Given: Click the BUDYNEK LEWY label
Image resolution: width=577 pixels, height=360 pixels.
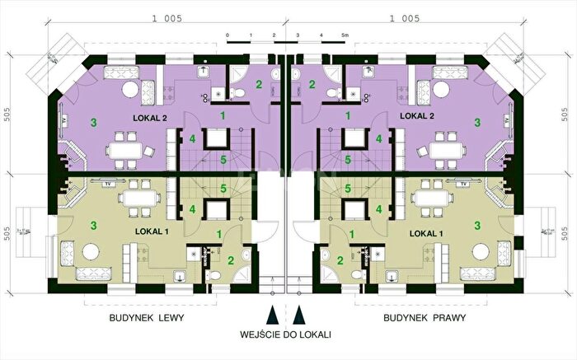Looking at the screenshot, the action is coord(147,318).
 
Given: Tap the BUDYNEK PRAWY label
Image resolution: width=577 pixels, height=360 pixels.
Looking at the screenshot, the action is coord(425,318).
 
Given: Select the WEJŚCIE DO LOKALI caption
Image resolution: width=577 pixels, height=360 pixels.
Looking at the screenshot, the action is coord(285,334).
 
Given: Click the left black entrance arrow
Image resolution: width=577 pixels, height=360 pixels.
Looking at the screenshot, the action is coord(272,315).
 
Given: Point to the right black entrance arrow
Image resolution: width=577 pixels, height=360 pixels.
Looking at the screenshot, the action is coord(299,315).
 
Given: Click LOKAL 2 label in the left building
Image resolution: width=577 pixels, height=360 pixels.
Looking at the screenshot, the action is coord(150,118).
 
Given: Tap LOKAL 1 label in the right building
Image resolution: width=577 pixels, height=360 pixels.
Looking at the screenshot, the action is coord(426,233).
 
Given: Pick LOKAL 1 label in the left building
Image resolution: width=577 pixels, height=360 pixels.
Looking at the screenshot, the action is coord(152,231).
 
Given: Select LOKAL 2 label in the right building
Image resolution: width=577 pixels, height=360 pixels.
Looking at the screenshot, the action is coord(417,116).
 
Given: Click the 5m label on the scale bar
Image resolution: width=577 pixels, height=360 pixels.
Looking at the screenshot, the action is coord(345,35).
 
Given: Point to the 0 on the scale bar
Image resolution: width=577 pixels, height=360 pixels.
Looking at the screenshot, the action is coord(228,35).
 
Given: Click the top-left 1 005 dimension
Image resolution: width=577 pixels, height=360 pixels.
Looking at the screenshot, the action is coord(167,18).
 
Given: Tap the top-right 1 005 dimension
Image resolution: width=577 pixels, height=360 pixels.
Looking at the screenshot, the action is coord(405,18).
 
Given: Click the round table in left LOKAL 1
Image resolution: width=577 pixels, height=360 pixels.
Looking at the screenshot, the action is coord(91,252).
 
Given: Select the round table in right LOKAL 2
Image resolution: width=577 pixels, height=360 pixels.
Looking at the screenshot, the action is coord(441,89).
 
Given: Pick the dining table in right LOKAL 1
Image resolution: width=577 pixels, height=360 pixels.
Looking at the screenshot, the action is coord(431,199).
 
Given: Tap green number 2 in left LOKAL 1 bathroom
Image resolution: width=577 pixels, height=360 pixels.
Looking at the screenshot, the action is coord(231,260).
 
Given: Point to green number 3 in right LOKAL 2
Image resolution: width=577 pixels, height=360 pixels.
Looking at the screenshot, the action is coord(477,123).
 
